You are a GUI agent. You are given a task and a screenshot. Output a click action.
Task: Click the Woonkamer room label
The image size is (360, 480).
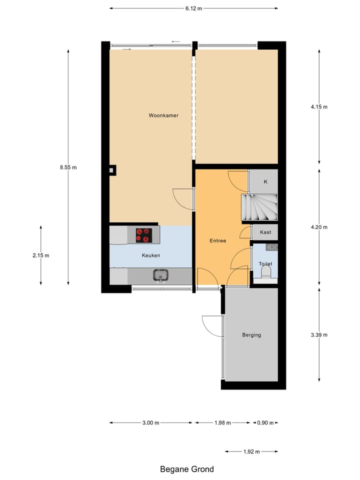point(163,115)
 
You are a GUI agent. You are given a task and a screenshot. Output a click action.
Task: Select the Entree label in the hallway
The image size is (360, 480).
point(217,241)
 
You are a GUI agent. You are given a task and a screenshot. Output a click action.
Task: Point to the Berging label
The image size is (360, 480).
point(251,335)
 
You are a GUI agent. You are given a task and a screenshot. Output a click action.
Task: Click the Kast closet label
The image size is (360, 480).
point(265,232)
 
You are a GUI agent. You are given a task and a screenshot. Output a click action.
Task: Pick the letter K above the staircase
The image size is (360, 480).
point(265,182)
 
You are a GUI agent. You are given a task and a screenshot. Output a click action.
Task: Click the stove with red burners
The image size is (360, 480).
point(144,235)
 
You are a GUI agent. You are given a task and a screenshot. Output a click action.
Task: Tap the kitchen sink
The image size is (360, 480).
point(160,275)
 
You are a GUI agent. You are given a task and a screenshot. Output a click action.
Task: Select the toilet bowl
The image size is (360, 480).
point(265,272)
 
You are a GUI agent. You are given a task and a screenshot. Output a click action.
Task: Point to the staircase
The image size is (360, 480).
point(259,207)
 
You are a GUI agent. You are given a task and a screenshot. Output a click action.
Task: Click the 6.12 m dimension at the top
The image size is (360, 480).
point(193,8)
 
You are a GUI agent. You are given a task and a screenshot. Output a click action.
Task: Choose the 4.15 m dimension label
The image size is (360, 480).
point(319,106)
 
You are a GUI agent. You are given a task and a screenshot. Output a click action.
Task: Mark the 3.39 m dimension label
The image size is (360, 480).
point(319,335)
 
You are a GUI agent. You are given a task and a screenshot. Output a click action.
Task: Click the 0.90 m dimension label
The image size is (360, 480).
point(265,423)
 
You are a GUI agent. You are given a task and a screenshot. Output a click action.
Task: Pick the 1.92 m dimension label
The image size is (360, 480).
point(251,452)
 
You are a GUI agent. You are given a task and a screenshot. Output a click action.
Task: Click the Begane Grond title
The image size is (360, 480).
point(187,469)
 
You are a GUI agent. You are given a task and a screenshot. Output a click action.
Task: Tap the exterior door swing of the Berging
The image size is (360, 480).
point(211,326)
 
